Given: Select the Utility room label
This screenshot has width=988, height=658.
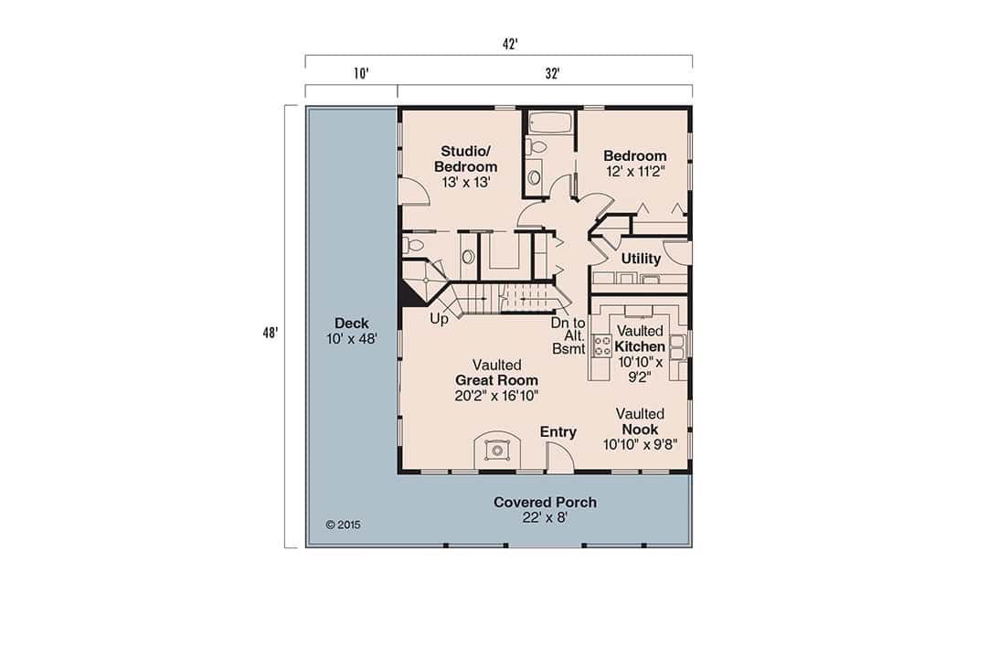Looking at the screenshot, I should click(x=641, y=259).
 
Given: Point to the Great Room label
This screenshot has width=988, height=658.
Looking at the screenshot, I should click(x=496, y=380).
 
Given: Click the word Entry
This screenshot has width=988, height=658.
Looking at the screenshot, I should click(x=558, y=432).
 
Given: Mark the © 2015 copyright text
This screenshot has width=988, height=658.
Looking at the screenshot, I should click(x=343, y=525).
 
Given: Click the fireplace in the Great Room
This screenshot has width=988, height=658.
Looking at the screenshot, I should click(x=497, y=450).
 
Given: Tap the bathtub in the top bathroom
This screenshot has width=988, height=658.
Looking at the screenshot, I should click(x=550, y=122).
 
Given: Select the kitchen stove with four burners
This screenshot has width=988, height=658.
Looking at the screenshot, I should click(x=603, y=345).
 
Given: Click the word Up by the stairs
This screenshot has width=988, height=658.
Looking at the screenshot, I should click(x=439, y=320).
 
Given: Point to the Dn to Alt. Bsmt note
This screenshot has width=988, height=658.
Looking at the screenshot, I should click(x=568, y=335).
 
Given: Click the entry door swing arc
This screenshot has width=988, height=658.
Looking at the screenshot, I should click(x=559, y=455).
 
